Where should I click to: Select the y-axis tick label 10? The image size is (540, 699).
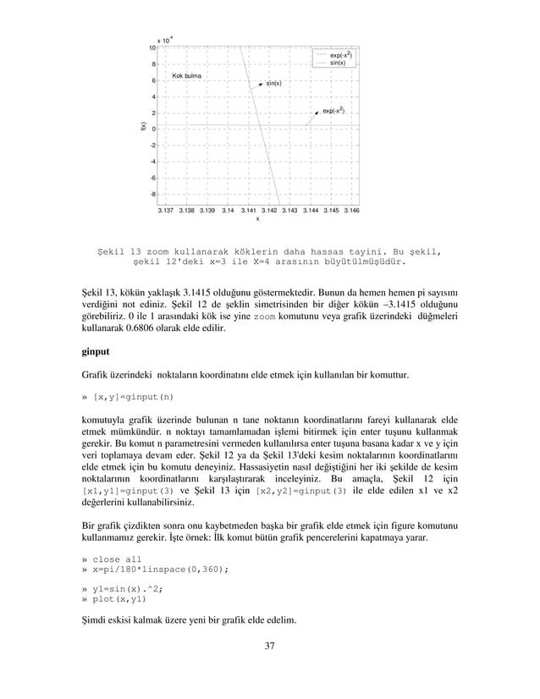point(152,47)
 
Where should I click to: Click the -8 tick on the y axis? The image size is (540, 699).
point(152,195)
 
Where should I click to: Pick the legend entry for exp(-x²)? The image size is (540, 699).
point(341,55)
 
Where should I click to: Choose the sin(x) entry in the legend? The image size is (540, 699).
point(337,63)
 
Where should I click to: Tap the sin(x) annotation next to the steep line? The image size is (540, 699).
point(273,84)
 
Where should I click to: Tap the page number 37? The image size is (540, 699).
point(269,647)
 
